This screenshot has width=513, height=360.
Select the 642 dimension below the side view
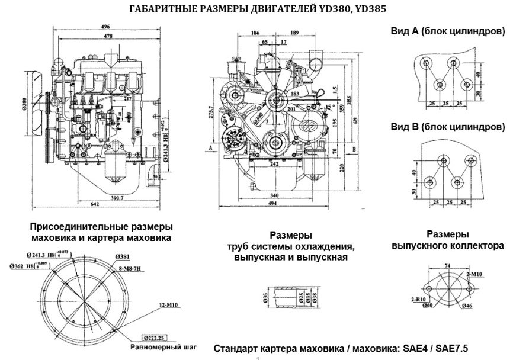(95, 204)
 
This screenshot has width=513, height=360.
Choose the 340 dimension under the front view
(274, 195)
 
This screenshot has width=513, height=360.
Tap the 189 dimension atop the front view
(294, 34)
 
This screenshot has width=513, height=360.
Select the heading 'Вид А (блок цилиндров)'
(448, 33)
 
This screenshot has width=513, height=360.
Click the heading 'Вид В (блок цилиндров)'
(448, 127)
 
